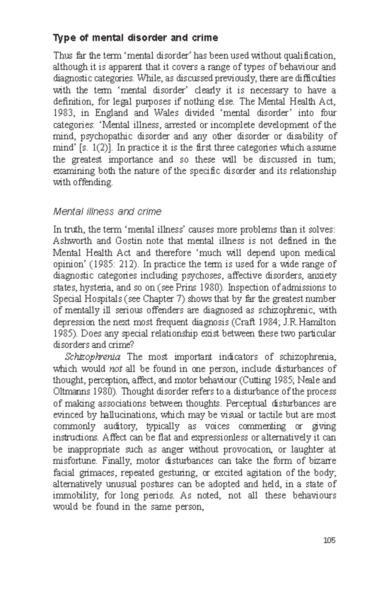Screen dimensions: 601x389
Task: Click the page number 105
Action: point(329,540)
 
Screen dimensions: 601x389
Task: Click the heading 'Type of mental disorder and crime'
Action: point(136,38)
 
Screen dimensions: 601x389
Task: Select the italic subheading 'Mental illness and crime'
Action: point(107,212)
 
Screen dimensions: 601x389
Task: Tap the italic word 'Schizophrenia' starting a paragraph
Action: point(93,357)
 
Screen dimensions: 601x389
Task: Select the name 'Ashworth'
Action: point(71,241)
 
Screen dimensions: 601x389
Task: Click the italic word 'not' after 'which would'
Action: point(116,369)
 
